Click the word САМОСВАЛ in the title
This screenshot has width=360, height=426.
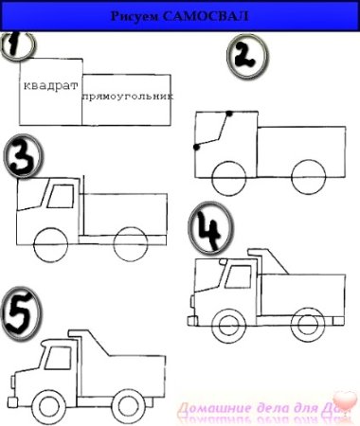coord(212,17)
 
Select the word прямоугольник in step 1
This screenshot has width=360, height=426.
coord(128,97)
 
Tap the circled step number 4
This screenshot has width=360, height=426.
coord(207,228)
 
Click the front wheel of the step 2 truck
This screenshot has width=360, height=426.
coord(228,175)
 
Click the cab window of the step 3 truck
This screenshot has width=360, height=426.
coord(60,197)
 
